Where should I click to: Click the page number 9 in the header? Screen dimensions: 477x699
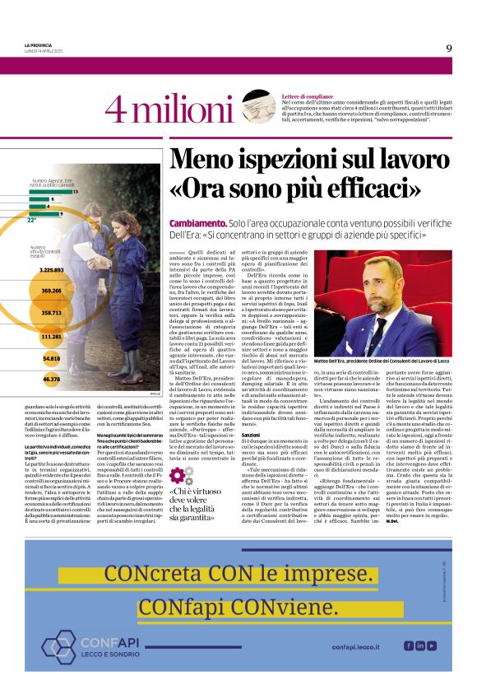point(449,48)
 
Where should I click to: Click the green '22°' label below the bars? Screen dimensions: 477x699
point(32,221)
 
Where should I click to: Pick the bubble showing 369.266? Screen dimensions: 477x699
point(51,291)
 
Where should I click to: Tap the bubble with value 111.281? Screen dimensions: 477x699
point(51,337)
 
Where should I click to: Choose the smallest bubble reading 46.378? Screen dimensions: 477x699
point(51,379)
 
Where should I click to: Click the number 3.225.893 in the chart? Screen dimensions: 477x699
point(51,269)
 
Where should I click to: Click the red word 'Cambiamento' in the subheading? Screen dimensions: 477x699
point(197,224)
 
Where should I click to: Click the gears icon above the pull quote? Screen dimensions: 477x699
point(182,476)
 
